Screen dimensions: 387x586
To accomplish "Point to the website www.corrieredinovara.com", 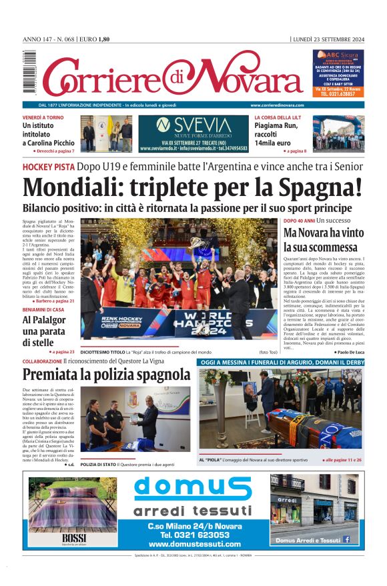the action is [x=277, y=105].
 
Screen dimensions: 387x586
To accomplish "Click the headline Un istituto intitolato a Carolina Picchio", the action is [x=49, y=134].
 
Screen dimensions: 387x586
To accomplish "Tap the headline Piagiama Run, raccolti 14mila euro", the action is [x=280, y=133].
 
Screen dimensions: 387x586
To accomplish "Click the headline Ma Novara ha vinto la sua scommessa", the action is [x=324, y=241].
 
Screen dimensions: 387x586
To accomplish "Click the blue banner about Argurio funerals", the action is [x=281, y=362].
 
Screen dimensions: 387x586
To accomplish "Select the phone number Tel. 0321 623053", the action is [x=194, y=535].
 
